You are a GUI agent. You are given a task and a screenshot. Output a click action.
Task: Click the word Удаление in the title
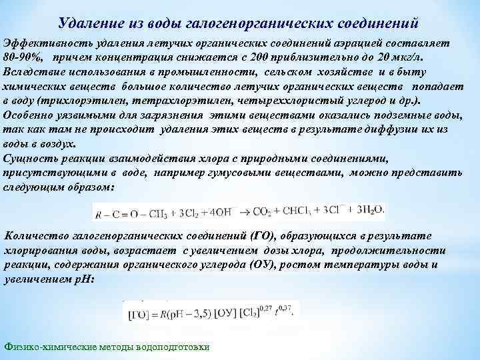coord(87,23)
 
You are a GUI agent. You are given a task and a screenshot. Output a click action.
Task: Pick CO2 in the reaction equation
coord(263,212)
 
